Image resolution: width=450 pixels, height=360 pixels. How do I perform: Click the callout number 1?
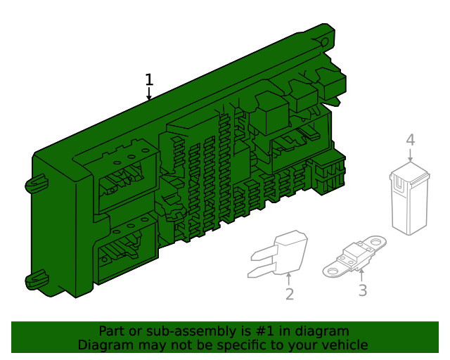(x=148, y=79)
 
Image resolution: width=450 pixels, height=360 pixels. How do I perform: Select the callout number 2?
(x=289, y=295)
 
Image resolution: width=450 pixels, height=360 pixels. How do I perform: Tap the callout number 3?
(x=362, y=290)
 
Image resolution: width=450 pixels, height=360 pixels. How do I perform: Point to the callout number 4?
(x=410, y=140)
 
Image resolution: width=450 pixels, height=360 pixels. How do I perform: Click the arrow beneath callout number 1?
(x=148, y=95)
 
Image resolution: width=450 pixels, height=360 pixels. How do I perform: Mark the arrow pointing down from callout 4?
(x=410, y=156)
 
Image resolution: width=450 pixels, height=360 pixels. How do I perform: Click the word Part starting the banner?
(x=111, y=331)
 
